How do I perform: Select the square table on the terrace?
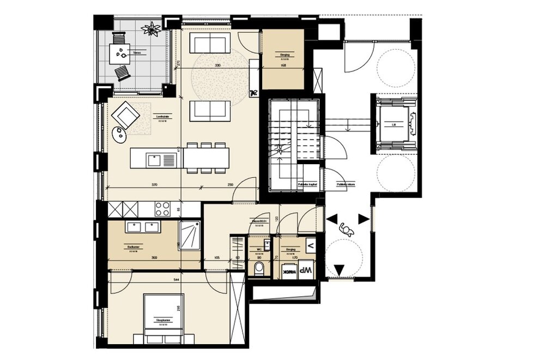point(122,53)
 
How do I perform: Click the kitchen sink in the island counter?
point(154,159)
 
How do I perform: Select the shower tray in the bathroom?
point(190,236)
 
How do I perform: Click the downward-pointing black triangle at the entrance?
point(340,269)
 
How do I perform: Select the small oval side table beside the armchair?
point(118,132)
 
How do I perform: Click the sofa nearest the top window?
point(212,41)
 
